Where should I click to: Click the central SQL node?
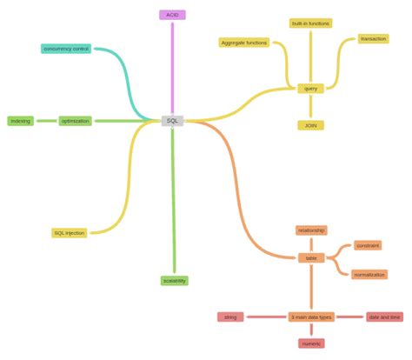pyautogui.click(x=172, y=121)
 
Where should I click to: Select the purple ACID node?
pyautogui.click(x=172, y=15)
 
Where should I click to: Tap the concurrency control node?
pyautogui.click(x=66, y=49)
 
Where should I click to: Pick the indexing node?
pyautogui.click(x=21, y=121)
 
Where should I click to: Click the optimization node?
pyautogui.click(x=76, y=121)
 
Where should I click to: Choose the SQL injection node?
pyautogui.click(x=70, y=233)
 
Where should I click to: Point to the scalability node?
pyautogui.click(x=174, y=281)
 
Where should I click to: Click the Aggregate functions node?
pyautogui.click(x=244, y=42)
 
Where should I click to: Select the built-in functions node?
pyautogui.click(x=310, y=23)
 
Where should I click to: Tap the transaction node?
pyautogui.click(x=373, y=39)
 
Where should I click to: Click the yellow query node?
pyautogui.click(x=310, y=88)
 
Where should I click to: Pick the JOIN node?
pyautogui.click(x=310, y=125)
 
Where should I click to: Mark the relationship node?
pyautogui.click(x=310, y=230)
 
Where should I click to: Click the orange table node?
pyautogui.click(x=310, y=257)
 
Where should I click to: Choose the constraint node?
pyautogui.click(x=368, y=246)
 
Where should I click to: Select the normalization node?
pyautogui.click(x=369, y=275)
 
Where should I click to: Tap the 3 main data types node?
pyautogui.click(x=311, y=317)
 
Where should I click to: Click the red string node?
pyautogui.click(x=230, y=317)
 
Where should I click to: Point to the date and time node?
pyautogui.click(x=384, y=317)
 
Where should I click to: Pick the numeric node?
pyautogui.click(x=311, y=344)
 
